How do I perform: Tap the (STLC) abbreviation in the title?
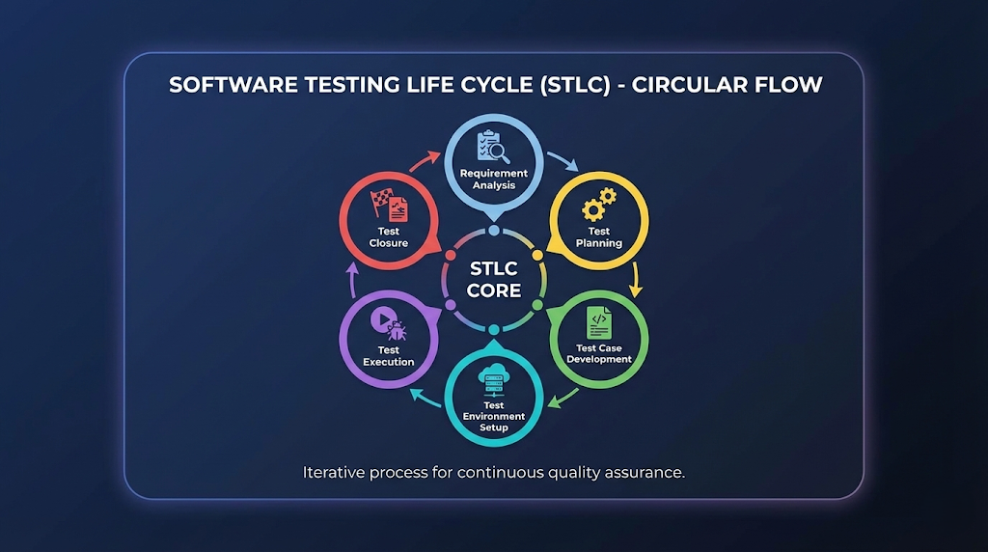click(560, 85)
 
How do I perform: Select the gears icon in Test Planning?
click(599, 206)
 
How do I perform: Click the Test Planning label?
click(599, 237)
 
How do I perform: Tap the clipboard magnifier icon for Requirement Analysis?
click(493, 147)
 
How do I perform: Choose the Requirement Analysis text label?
click(493, 179)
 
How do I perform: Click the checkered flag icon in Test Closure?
click(390, 206)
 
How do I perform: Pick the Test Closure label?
click(389, 237)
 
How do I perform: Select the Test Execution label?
click(389, 356)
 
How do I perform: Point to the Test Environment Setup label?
click(493, 416)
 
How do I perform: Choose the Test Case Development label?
click(599, 353)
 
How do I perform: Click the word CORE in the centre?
click(494, 290)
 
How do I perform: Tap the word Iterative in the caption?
click(332, 473)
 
